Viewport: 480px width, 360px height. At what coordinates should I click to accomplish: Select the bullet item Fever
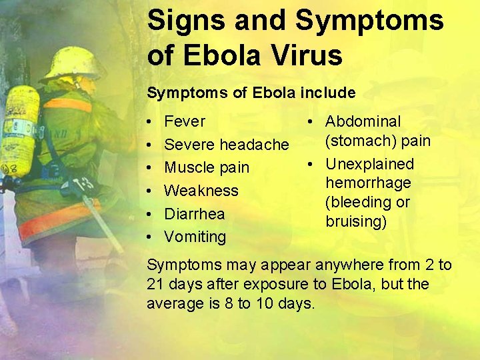tap(185, 121)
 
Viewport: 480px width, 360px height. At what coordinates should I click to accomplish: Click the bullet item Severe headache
tap(226, 145)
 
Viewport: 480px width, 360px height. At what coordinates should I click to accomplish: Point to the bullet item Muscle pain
tap(207, 167)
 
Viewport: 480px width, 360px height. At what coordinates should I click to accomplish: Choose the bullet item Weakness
tap(201, 191)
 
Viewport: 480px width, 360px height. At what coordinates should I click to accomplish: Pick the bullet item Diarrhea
tap(194, 214)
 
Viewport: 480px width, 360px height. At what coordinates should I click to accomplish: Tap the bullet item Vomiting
tap(195, 237)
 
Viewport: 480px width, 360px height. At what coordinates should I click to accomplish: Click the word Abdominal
tap(363, 121)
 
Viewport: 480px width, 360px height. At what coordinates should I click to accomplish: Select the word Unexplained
tap(369, 164)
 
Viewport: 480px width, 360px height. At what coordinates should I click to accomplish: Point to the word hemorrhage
tap(368, 183)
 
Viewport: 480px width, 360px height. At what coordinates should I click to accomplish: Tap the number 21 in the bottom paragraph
tap(154, 284)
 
